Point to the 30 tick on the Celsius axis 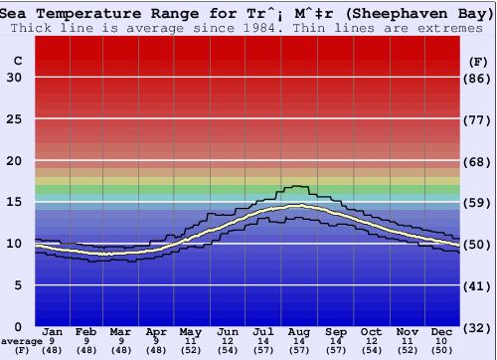(14, 78)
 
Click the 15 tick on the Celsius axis (14, 202)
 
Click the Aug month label (299, 331)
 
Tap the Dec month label (442, 331)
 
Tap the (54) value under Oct (371, 350)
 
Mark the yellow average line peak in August (298, 206)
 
